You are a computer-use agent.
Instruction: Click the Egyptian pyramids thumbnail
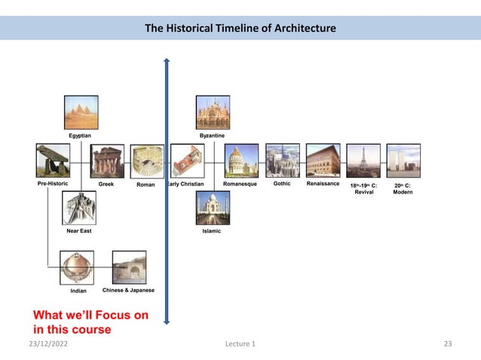[x=81, y=112]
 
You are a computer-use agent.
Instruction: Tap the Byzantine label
[x=212, y=135]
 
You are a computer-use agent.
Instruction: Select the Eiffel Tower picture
[x=363, y=160]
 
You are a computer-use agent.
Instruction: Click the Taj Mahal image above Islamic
[x=213, y=208]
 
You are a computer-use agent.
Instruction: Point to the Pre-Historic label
[x=53, y=184]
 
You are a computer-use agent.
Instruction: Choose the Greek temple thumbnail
[x=107, y=161]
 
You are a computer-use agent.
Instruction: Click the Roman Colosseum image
[x=148, y=161]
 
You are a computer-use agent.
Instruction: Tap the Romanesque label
[x=240, y=184]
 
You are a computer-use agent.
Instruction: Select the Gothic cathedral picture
[x=283, y=160]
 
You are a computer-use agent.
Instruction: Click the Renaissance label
[x=323, y=184]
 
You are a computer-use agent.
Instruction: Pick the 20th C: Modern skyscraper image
[x=403, y=160]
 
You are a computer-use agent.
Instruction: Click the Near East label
[x=79, y=231]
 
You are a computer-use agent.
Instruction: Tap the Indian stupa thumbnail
[x=78, y=267]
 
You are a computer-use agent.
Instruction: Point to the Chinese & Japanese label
[x=128, y=290]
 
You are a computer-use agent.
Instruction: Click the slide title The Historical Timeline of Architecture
[x=240, y=29]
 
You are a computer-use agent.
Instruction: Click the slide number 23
[x=448, y=344]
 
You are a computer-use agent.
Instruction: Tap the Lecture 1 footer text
[x=240, y=344]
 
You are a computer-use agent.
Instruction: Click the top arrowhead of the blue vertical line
[x=167, y=59]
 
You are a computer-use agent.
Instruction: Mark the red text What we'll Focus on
[x=90, y=315]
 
